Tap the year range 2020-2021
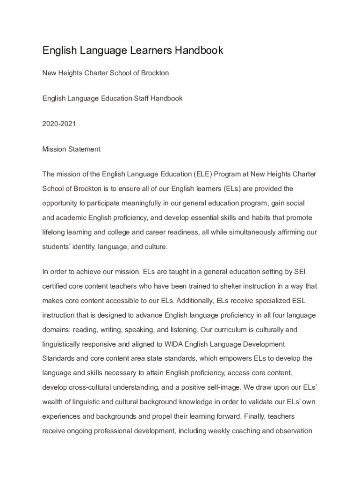(59, 124)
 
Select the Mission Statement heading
(71, 149)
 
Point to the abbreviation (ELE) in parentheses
(204, 174)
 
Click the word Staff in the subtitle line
(139, 99)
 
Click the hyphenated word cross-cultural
(91, 388)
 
